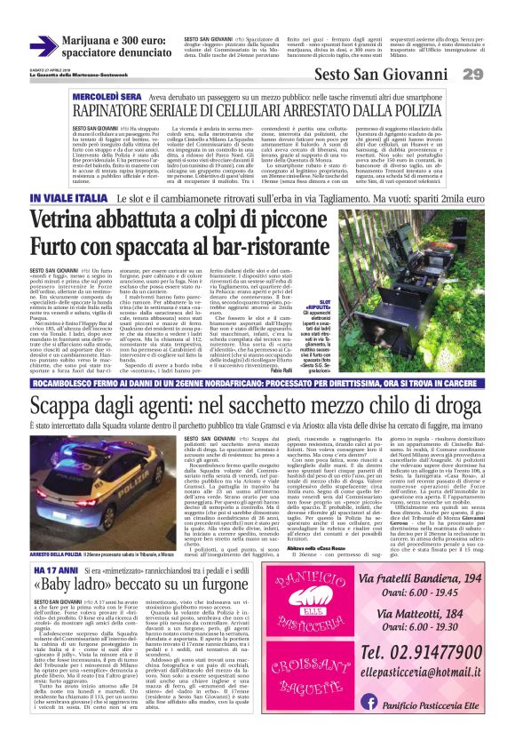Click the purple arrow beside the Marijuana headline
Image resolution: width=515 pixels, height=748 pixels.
pos(41,45)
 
